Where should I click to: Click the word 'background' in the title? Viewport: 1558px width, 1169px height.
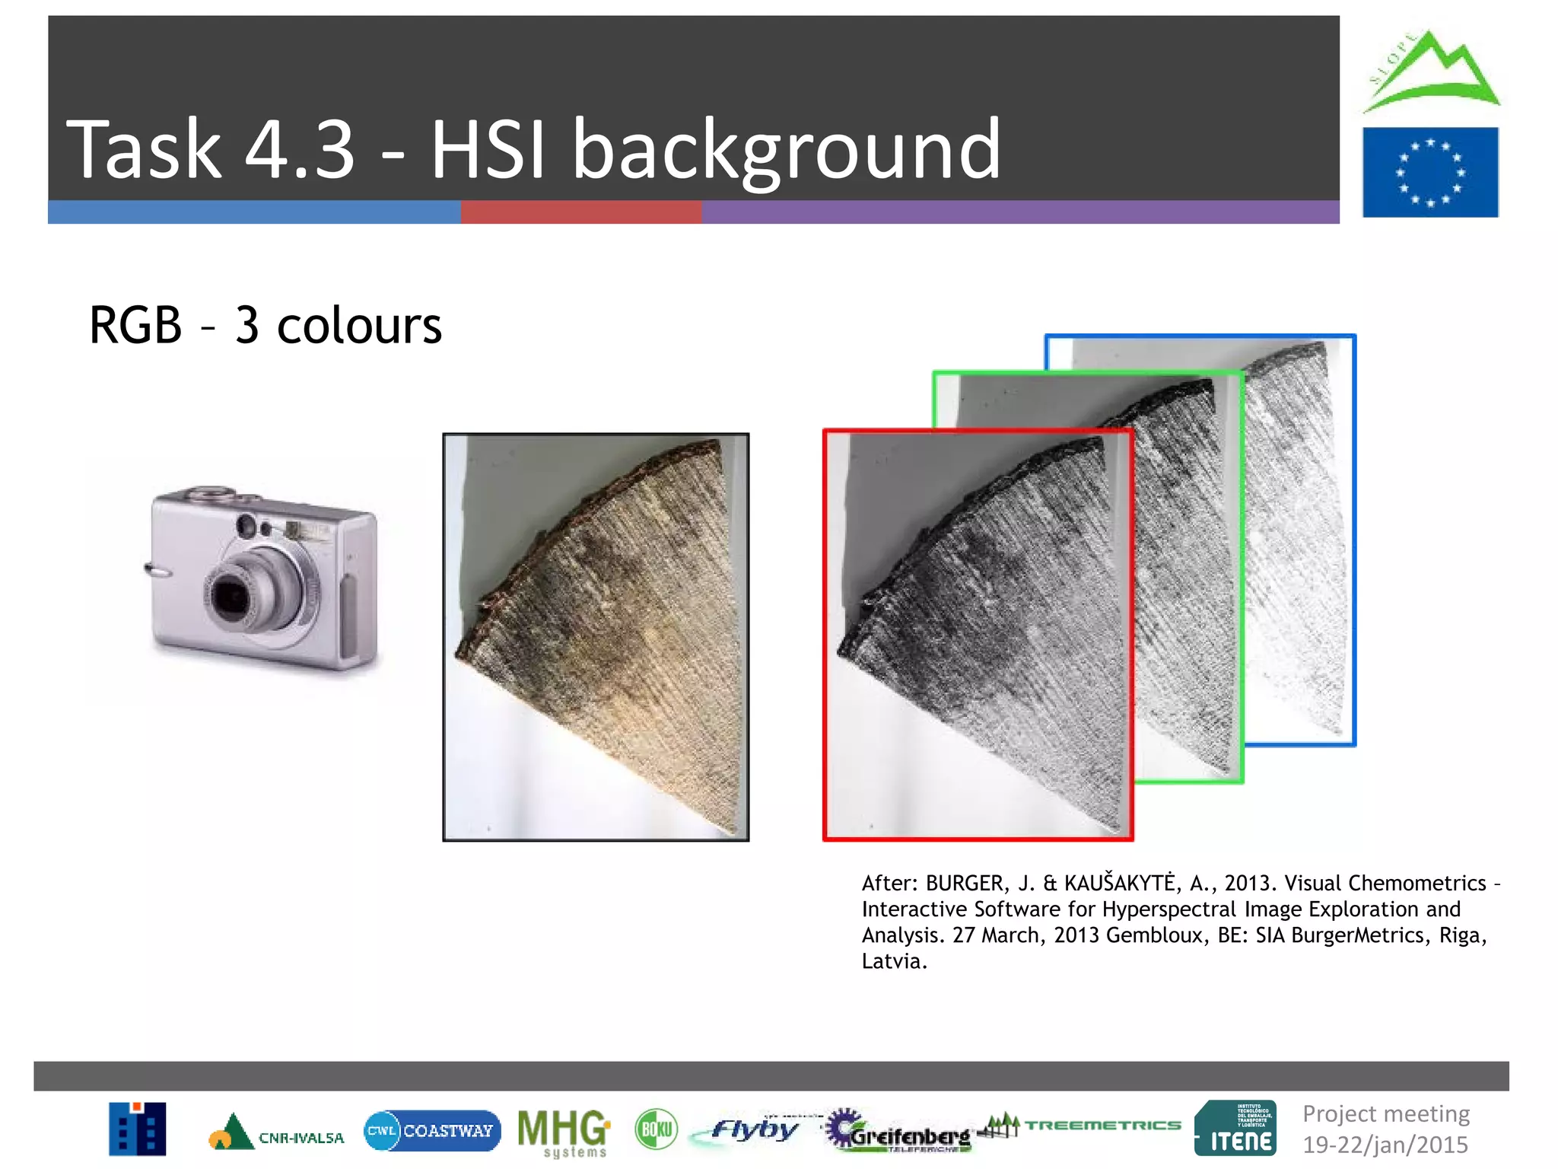coord(786,150)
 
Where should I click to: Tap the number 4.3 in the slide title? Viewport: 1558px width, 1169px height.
coord(300,150)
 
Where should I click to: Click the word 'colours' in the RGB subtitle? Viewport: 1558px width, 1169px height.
coord(359,326)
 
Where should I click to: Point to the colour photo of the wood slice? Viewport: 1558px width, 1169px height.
coord(596,637)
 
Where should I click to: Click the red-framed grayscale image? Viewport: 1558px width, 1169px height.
coord(977,636)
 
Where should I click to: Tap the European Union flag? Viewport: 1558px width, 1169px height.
coord(1429,172)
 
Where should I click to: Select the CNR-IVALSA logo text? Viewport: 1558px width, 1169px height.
coord(301,1138)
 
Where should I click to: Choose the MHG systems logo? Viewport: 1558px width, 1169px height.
coord(563,1131)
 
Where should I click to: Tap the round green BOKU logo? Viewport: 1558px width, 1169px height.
coord(656,1129)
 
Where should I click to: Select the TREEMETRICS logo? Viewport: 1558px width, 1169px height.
coord(1102,1125)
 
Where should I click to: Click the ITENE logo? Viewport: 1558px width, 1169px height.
coord(1235,1129)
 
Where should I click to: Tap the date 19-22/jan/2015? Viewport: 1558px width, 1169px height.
coord(1385,1144)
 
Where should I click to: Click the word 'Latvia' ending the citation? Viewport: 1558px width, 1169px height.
coord(893,961)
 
